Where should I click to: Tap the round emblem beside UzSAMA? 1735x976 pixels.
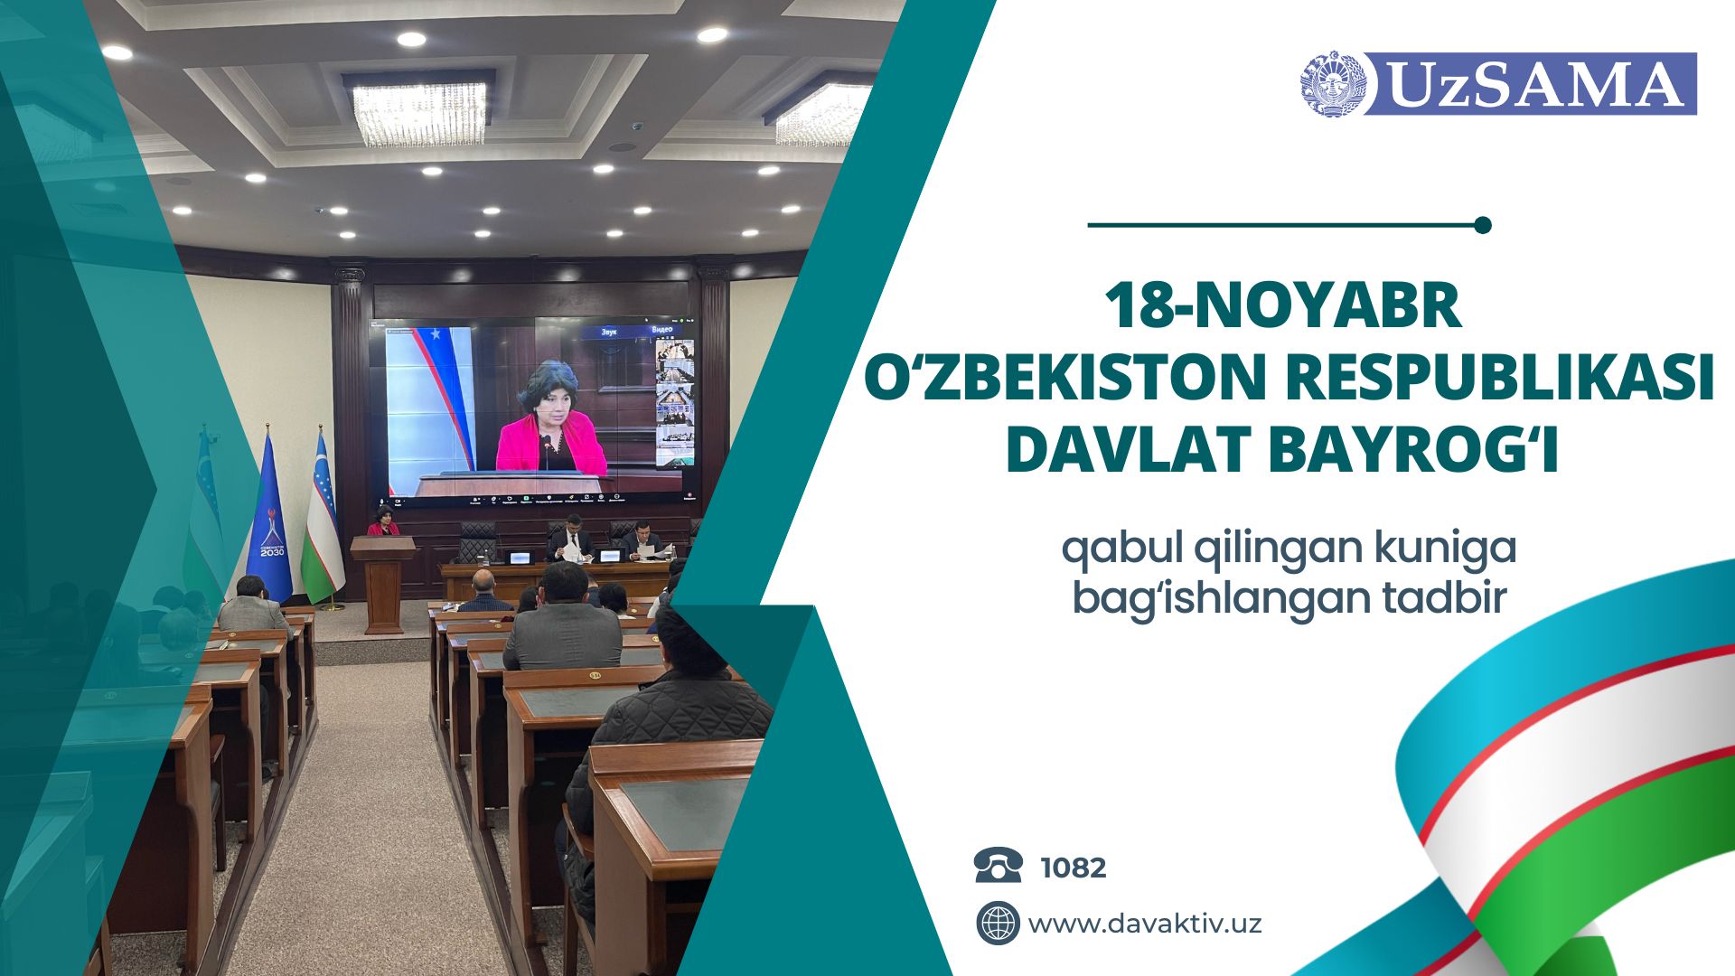click(1333, 83)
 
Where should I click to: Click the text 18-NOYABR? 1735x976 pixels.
click(1284, 306)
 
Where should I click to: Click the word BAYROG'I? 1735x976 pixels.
click(1414, 450)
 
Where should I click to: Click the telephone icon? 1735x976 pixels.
click(999, 866)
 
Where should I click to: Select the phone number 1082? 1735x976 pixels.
click(1074, 868)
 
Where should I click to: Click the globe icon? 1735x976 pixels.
click(998, 924)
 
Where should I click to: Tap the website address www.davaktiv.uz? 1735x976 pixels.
click(1145, 924)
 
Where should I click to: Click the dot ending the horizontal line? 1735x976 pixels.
click(1482, 225)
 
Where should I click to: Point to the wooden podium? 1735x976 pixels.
click(383, 583)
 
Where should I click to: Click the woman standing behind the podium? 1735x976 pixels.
click(383, 521)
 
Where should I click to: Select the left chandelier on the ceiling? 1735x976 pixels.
click(418, 112)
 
